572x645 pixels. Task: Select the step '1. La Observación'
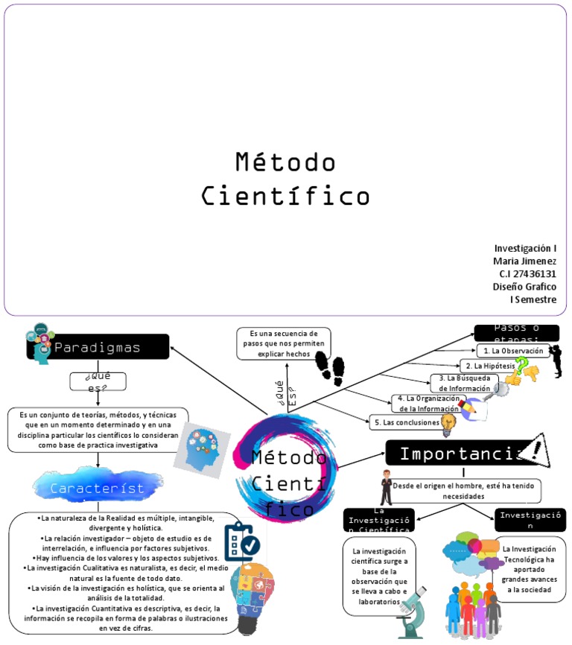click(512, 350)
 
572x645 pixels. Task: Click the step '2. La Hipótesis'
click(488, 366)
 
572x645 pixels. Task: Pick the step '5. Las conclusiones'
click(406, 422)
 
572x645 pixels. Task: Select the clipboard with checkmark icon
click(241, 541)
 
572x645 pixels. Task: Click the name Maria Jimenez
click(524, 261)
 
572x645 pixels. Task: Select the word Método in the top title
click(285, 162)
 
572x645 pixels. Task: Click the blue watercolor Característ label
click(98, 488)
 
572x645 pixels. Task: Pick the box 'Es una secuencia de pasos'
click(283, 343)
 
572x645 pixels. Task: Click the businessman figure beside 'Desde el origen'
click(386, 488)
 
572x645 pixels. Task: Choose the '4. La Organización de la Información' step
click(428, 403)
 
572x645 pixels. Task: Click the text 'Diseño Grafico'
click(524, 286)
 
